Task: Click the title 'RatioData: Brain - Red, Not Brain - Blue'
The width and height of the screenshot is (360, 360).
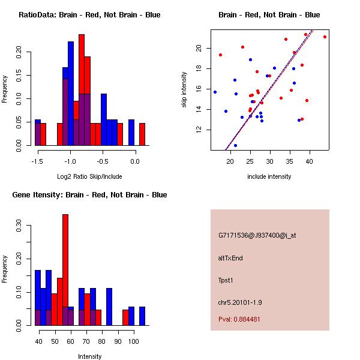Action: coord(89,15)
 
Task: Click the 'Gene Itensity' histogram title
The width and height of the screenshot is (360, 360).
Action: coord(89,195)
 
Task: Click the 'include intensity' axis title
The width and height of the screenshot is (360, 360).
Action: coord(269,176)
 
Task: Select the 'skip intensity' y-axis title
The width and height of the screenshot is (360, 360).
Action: coord(185,90)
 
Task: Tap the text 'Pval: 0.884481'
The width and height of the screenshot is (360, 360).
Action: coord(239,319)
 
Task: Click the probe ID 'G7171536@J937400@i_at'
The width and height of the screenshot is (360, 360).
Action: coord(257,235)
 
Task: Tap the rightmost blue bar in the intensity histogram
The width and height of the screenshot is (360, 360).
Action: coord(142,316)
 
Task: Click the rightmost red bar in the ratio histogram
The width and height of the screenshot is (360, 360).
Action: coord(142,134)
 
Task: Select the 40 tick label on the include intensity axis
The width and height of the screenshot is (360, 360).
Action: coord(310,161)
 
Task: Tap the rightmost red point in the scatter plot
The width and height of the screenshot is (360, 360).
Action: coord(325,37)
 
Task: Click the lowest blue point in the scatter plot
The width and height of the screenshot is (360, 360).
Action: coord(235,145)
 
